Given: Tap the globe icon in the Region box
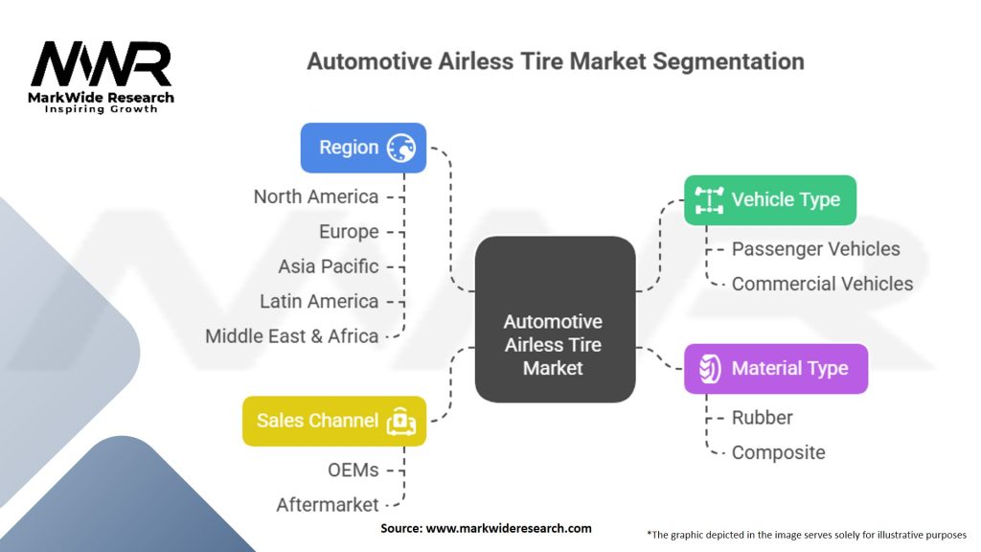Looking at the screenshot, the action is (401, 148).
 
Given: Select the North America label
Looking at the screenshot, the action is (315, 196).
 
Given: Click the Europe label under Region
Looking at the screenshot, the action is (349, 232).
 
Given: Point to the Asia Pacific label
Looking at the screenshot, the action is (328, 266).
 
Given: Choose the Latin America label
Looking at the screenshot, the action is (319, 301).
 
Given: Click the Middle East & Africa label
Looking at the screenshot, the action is (291, 336).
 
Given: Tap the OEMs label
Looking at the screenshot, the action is (354, 470).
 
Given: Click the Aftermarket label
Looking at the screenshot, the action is (327, 504).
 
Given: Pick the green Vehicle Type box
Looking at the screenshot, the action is (769, 199).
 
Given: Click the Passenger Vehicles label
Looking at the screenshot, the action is (815, 249).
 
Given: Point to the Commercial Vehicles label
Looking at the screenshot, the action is (822, 284).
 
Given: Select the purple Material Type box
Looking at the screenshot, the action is (775, 368).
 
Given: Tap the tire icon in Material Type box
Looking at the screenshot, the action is (709, 368).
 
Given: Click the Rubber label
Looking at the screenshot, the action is (762, 418).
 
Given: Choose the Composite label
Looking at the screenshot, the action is (778, 452).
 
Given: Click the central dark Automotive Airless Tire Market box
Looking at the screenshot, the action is (555, 319).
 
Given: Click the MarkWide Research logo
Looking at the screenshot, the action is (102, 77).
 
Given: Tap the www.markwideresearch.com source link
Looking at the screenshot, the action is (509, 528).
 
